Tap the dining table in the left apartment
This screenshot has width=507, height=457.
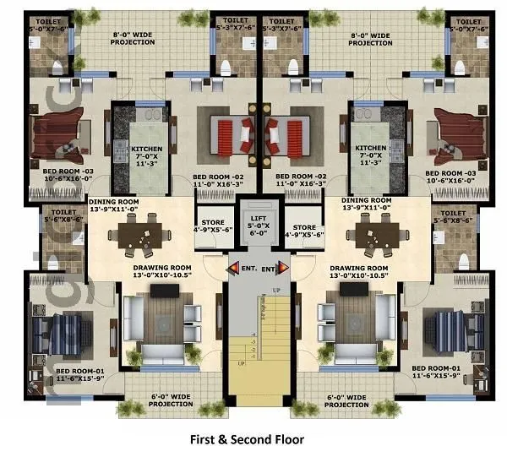click(139, 234)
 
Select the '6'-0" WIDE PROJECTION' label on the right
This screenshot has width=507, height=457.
click(346, 400)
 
